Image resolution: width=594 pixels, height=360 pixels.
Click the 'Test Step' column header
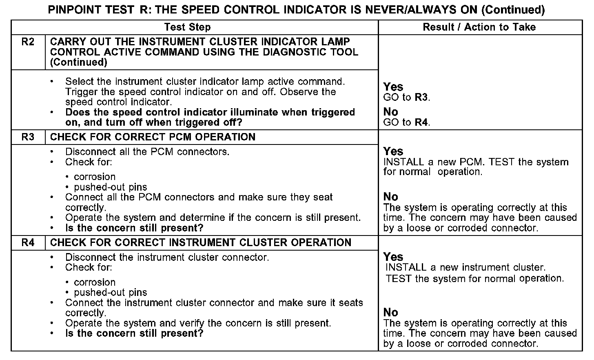point(187,27)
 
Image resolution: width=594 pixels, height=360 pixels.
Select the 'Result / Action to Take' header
point(479,27)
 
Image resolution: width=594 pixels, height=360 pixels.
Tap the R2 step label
point(28,42)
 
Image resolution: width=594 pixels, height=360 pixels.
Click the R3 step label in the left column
point(28,137)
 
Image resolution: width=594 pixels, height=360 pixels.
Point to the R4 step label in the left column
point(28,242)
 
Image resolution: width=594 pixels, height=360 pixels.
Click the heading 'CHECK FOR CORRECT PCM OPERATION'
point(153,137)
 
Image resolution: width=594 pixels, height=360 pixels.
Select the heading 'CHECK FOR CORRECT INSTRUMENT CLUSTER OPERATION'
point(200,242)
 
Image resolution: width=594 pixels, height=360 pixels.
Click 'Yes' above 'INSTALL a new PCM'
point(393,151)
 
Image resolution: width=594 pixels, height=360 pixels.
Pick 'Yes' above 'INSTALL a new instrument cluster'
point(393,257)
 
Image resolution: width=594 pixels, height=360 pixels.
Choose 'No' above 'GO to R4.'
point(390,112)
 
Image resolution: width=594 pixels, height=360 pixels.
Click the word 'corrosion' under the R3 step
point(95,177)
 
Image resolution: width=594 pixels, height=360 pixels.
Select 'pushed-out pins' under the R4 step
point(111,293)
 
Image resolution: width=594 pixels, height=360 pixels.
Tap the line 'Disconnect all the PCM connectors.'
point(147,152)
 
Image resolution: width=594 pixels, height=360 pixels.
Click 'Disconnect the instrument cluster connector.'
point(167,258)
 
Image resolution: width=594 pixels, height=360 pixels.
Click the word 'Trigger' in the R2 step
point(82,92)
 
